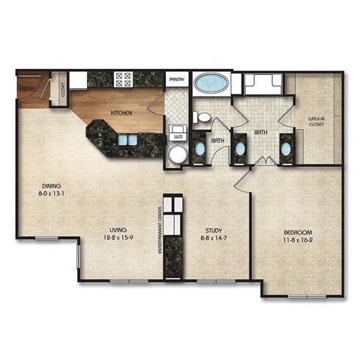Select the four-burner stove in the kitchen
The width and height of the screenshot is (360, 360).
(x=123, y=78)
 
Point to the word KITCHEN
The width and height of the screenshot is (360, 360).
(x=122, y=113)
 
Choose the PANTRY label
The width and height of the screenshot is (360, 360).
(x=178, y=78)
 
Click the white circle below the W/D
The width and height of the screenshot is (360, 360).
(x=178, y=155)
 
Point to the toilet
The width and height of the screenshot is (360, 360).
(x=202, y=117)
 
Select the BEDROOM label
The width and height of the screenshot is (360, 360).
(x=298, y=232)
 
